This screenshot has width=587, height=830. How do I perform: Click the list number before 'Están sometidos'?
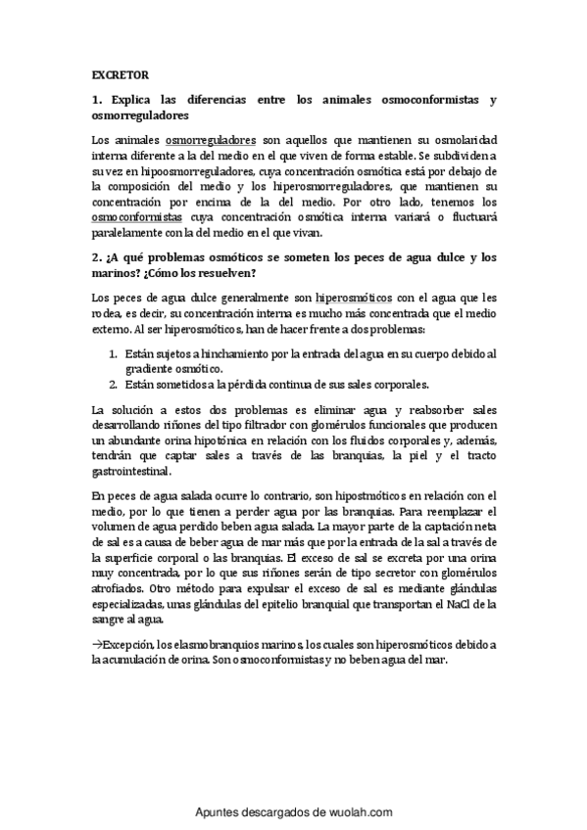tap(113, 384)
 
